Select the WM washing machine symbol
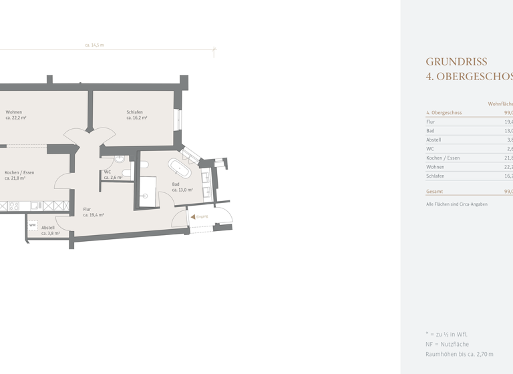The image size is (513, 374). click(32, 225)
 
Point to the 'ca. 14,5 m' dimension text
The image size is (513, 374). click(94, 45)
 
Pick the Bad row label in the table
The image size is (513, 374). click(430, 131)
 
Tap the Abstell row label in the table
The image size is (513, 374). click(434, 140)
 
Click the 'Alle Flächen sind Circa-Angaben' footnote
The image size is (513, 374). click(457, 204)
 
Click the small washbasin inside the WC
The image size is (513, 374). click(119, 159)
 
